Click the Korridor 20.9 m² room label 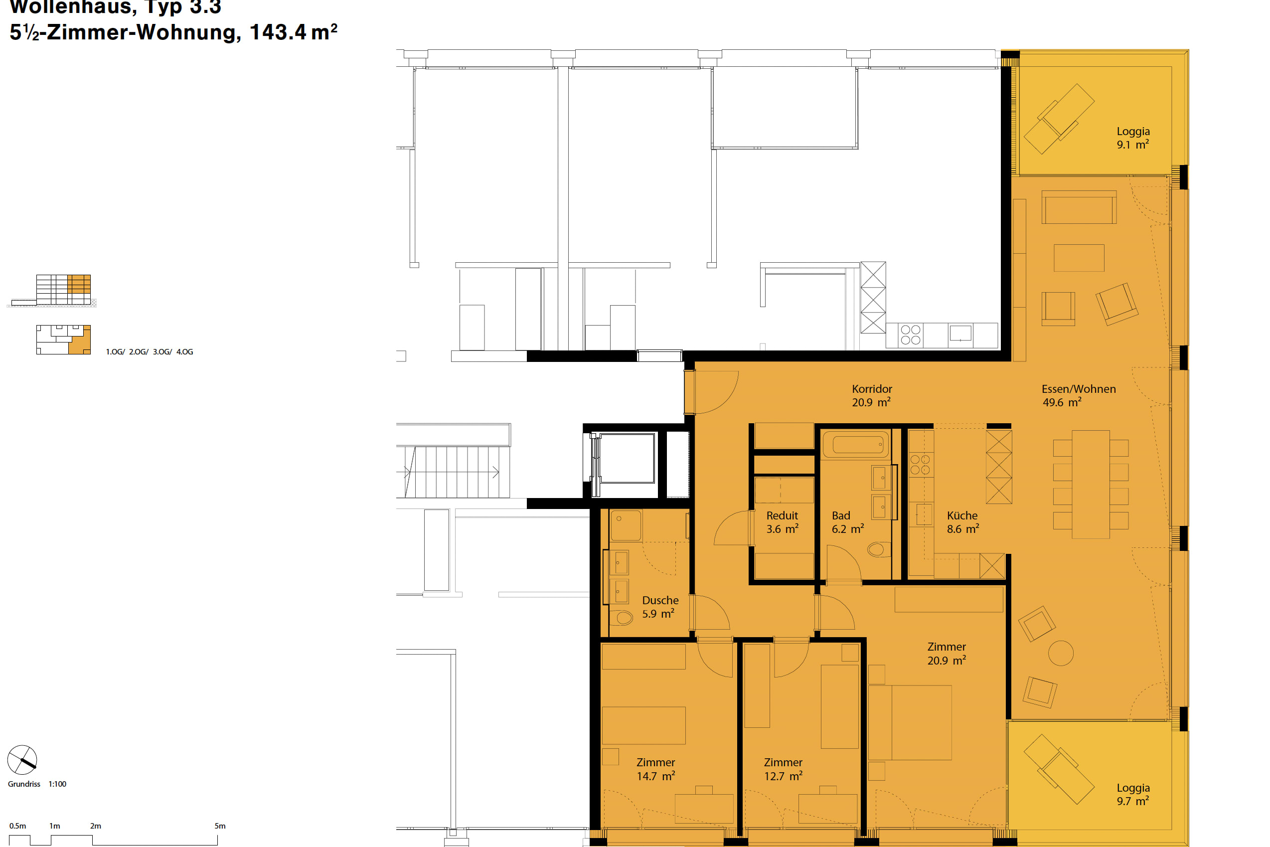[x=871, y=395]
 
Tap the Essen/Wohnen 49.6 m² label [x=1078, y=395]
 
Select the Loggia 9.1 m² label [x=1133, y=138]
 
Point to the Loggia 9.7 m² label [x=1133, y=794]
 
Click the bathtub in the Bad [x=856, y=445]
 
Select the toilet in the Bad [x=876, y=550]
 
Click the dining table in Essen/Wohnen [x=1090, y=484]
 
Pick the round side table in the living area [x=1061, y=653]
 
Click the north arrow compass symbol [x=22, y=760]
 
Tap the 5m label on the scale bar [x=220, y=826]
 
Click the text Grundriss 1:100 [x=37, y=784]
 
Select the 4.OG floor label [x=184, y=351]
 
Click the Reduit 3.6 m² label [x=782, y=522]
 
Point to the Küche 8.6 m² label [x=962, y=522]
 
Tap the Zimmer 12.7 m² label [x=783, y=769]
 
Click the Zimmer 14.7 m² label [x=655, y=769]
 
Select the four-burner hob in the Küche [x=920, y=465]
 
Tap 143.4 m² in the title [x=293, y=32]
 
